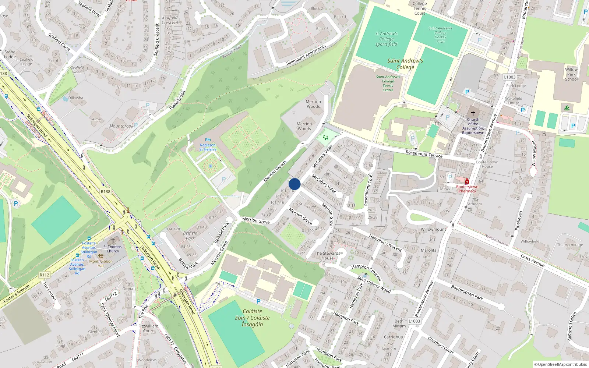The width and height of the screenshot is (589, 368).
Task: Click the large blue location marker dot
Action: point(294,184)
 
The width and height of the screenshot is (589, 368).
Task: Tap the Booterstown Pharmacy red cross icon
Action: point(467,181)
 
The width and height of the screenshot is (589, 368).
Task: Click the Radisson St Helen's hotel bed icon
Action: point(208,140)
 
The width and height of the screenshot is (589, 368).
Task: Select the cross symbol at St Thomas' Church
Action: point(113,241)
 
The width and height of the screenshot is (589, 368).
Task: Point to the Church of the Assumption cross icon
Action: point(473,113)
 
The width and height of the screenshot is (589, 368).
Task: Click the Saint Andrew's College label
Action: point(405,64)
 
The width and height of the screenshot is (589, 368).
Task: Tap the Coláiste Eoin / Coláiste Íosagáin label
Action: point(252,318)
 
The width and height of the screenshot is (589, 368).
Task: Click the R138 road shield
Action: point(106,191)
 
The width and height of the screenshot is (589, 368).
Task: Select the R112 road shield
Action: point(45,275)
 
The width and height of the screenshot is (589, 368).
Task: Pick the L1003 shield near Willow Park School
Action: point(510,77)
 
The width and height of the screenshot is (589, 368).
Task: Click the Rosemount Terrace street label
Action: point(424,154)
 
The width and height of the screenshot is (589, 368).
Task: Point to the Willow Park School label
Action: point(571,74)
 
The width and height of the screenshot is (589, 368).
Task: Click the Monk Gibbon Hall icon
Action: point(100,256)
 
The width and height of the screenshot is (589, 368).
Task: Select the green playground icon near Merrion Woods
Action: point(325,137)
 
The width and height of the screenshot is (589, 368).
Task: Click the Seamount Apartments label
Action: point(306,55)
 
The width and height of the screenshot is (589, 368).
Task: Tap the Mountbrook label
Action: point(121,126)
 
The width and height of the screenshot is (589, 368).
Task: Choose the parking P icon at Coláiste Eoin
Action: point(258,301)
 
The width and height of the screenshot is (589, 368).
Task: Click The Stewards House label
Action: point(327,256)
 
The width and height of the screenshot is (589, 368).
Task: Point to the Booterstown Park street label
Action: point(467,293)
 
